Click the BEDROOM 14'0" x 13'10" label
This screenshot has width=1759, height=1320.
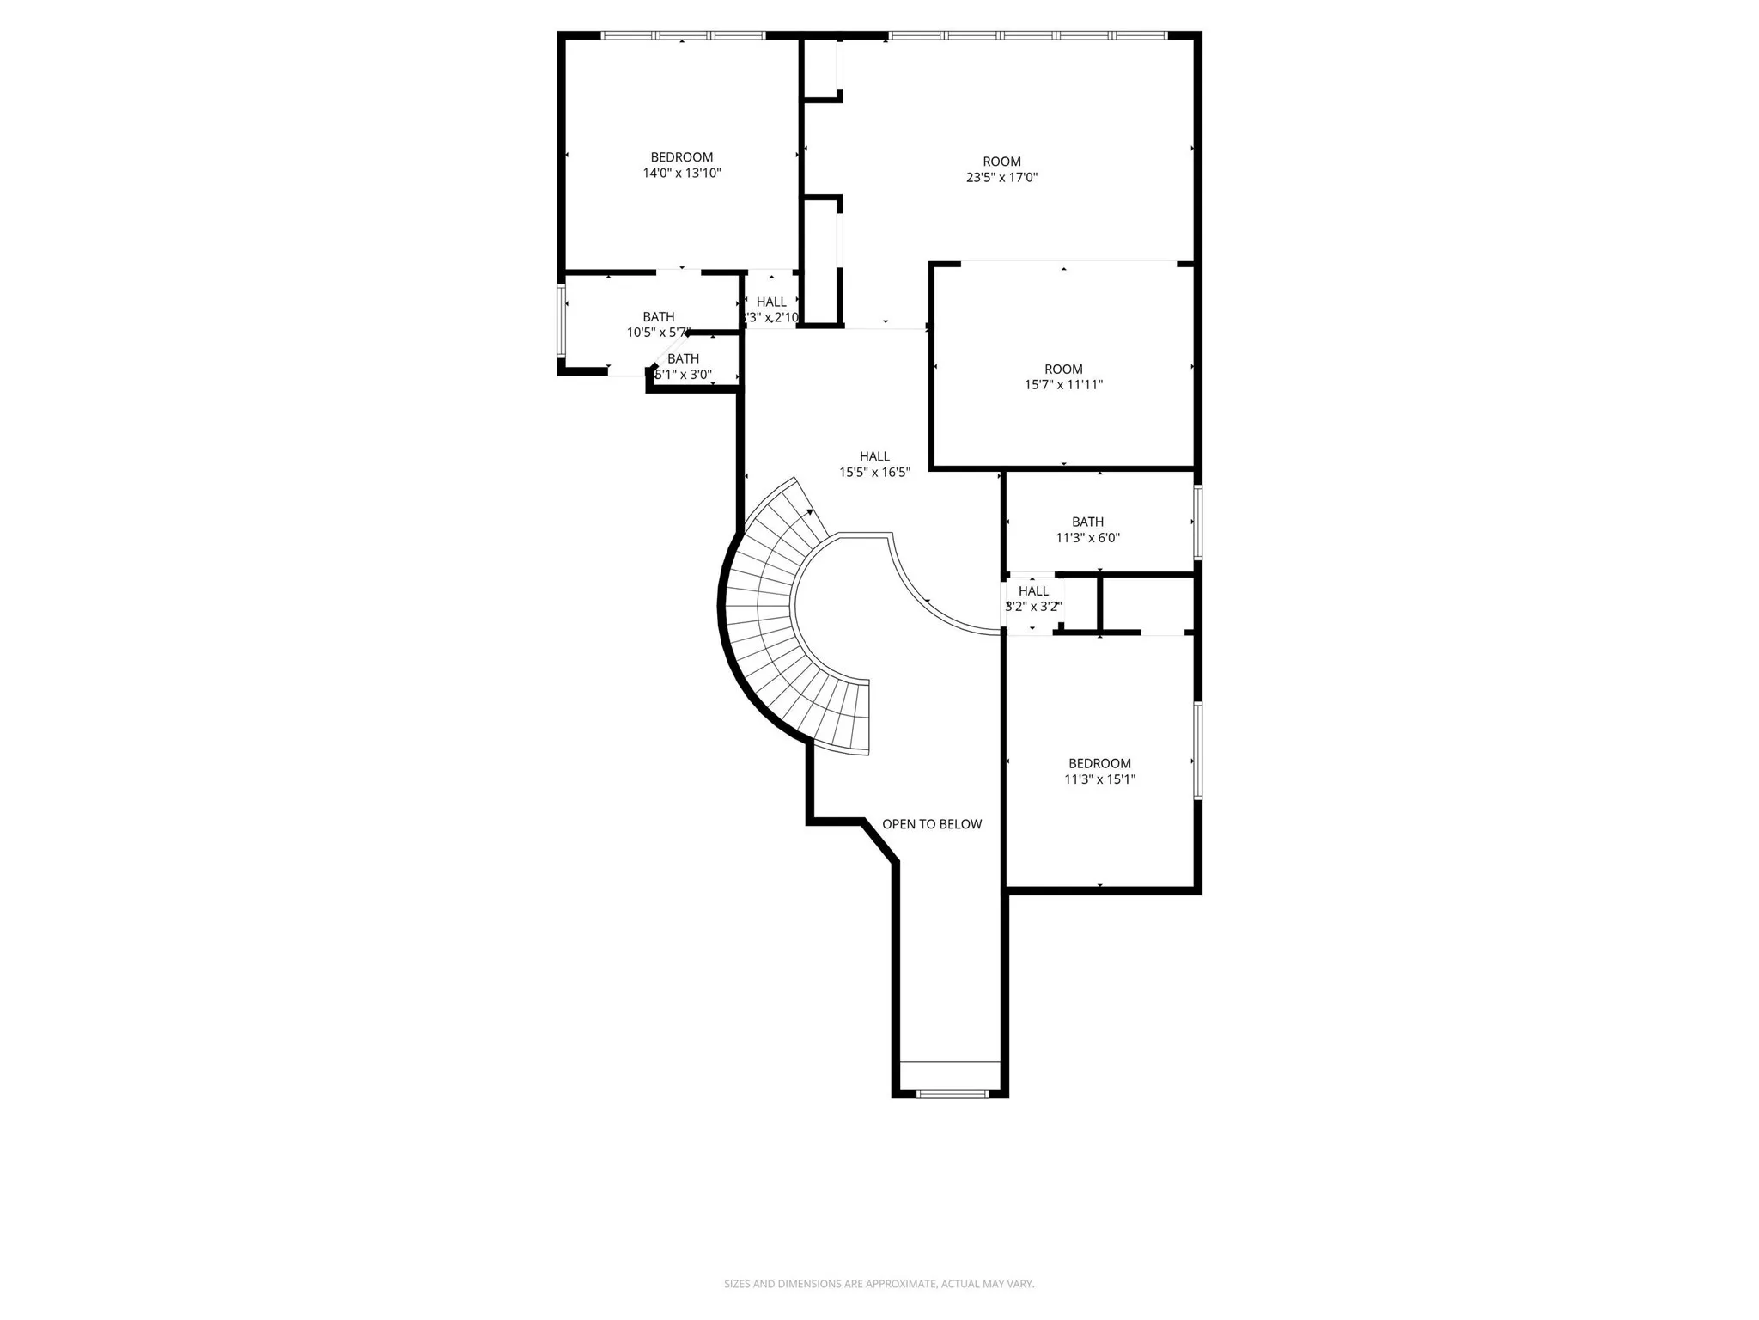[x=681, y=165]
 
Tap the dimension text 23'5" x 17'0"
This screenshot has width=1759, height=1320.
[x=1001, y=178]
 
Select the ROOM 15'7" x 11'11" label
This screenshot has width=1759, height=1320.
[x=1063, y=377]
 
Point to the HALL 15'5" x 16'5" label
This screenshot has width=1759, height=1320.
[x=874, y=464]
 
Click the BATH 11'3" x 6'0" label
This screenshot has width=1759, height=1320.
[x=1087, y=529]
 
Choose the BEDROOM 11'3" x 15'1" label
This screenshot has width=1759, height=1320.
[x=1099, y=771]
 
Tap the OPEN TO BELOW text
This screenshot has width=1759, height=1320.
[x=932, y=824]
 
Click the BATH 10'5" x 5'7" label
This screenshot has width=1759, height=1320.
[x=658, y=324]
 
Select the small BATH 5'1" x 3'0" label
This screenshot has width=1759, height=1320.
[x=684, y=366]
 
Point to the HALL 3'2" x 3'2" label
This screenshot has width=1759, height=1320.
[x=1033, y=598]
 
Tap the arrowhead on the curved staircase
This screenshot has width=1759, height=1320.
[x=810, y=512]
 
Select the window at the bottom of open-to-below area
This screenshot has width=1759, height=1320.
[x=952, y=1094]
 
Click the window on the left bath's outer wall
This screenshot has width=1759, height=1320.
[x=561, y=321]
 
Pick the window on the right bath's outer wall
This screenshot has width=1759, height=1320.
[x=1197, y=522]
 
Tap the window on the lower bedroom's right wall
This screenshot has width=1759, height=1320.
[x=1197, y=750]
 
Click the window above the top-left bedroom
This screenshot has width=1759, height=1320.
[x=683, y=36]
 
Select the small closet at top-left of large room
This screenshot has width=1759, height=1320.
[x=821, y=69]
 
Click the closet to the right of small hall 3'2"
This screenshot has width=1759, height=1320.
[x=1146, y=604]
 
